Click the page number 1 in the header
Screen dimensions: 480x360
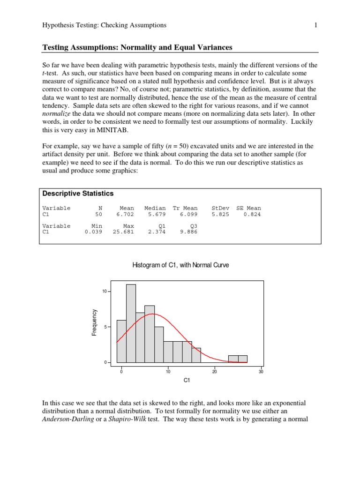[x=316, y=25]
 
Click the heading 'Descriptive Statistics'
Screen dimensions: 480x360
[x=78, y=194]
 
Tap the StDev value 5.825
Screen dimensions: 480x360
[x=220, y=214]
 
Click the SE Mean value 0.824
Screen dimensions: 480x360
[x=252, y=214]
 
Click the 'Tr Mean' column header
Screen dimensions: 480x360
[x=185, y=208]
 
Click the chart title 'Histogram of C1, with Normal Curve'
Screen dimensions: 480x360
[x=181, y=265]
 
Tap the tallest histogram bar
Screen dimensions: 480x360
[x=131, y=323]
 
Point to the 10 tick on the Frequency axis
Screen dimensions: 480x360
[x=105, y=292]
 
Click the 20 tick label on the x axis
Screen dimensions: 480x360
[x=214, y=371]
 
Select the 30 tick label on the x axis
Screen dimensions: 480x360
[x=261, y=371]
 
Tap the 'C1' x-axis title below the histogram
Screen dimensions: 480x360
[x=187, y=381]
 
